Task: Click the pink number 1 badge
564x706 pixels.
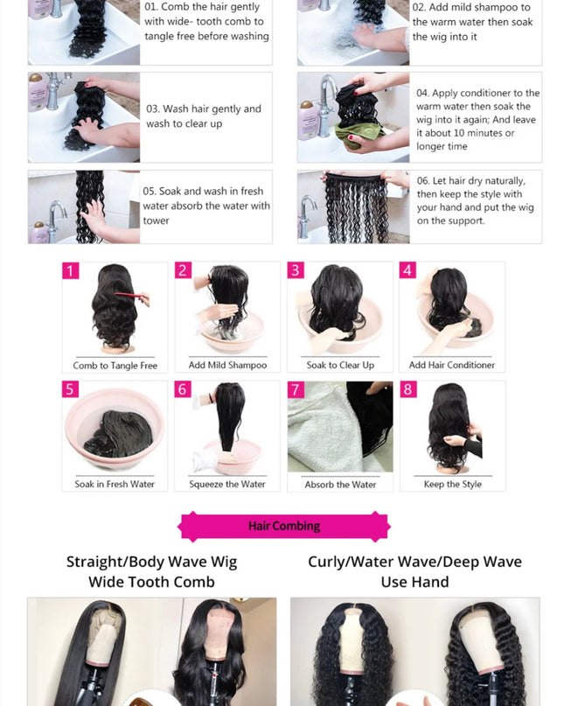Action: point(70,270)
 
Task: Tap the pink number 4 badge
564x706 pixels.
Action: point(408,270)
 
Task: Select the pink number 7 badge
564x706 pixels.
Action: point(296,389)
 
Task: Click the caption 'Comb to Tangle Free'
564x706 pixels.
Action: point(115,366)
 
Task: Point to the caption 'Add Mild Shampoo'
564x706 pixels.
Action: point(227,366)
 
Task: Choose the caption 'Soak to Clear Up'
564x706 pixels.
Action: point(340,366)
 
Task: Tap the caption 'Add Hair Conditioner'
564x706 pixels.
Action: point(452,366)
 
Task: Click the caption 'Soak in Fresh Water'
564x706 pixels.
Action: point(115,485)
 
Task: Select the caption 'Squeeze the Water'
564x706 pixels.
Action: point(227,485)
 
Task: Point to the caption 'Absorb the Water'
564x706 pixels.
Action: point(340,485)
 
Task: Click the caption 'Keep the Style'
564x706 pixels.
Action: point(452,485)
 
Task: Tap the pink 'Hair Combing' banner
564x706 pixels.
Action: point(284,526)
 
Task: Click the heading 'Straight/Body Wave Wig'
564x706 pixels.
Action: point(151,562)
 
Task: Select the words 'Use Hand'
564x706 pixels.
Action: point(414,582)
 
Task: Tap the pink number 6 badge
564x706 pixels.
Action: point(183,389)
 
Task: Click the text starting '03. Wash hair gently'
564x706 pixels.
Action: point(204,116)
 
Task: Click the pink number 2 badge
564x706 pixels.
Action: point(183,270)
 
